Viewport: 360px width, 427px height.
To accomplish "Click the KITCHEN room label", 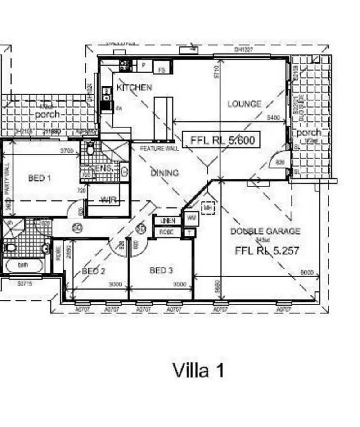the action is point(134,87).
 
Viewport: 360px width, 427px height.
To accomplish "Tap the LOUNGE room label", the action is point(244,104).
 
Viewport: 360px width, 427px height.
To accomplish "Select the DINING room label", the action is point(164,173).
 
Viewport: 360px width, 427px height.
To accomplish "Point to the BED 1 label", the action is point(40,178).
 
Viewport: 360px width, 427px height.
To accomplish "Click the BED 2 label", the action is point(94,271).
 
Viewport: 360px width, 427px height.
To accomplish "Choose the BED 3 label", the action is point(161,270).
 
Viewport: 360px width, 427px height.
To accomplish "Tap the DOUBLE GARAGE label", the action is point(265,232).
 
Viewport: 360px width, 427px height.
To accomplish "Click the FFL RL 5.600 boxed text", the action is point(222,140).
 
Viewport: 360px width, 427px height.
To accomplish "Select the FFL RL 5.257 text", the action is point(267,251).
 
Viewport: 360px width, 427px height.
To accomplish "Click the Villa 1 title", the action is point(198,370).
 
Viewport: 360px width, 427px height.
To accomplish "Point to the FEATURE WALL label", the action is point(159,149).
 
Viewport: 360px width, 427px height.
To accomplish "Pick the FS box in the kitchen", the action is point(162,69).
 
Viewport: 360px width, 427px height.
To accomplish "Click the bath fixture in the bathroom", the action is point(23,265).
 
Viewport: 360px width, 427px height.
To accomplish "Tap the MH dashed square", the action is point(207,208).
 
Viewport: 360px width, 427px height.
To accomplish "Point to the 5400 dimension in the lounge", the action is point(274,118).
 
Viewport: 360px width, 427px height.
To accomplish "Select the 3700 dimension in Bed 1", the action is point(67,151).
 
